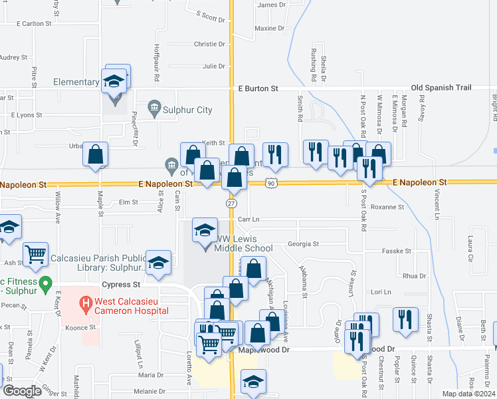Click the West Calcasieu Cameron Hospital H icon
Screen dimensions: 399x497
(x=85, y=305)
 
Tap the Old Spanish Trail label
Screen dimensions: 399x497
(x=441, y=88)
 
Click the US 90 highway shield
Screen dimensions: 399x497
(x=270, y=182)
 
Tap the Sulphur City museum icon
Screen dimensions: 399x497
(x=154, y=107)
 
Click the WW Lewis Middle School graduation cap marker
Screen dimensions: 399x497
(x=204, y=230)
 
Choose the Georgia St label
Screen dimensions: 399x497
(x=304, y=244)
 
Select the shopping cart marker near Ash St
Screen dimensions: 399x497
(x=35, y=253)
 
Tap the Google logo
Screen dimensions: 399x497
(x=23, y=391)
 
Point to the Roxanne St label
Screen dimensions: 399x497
(x=387, y=207)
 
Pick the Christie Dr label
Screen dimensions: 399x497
(x=209, y=44)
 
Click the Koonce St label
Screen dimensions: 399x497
(x=82, y=327)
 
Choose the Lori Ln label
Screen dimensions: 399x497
(x=381, y=292)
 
